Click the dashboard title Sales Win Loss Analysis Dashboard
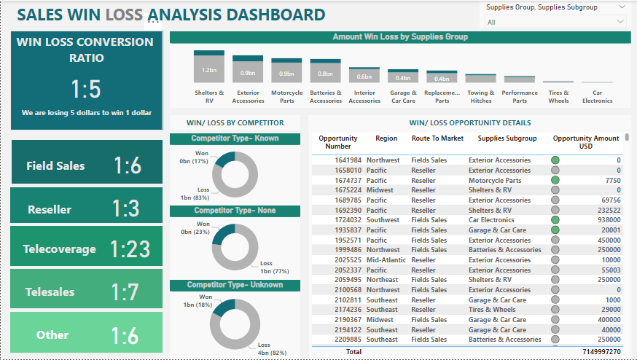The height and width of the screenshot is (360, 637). pos(171,15)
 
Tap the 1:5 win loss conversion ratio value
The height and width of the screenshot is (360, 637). pos(86,89)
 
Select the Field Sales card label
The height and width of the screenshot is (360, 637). pos(55,166)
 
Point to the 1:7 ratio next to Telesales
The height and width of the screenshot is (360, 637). pos(125,292)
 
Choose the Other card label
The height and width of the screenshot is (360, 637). pos(52,335)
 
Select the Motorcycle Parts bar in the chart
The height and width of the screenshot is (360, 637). pos(286,71)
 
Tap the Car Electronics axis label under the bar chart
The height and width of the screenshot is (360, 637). pos(597,97)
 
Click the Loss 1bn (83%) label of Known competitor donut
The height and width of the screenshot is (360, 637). pos(192,193)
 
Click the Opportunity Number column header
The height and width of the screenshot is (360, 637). pos(338,142)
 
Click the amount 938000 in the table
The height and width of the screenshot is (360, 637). pos(608,220)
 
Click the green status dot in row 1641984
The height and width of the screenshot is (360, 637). pos(555,160)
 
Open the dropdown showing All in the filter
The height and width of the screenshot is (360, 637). pos(556,22)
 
